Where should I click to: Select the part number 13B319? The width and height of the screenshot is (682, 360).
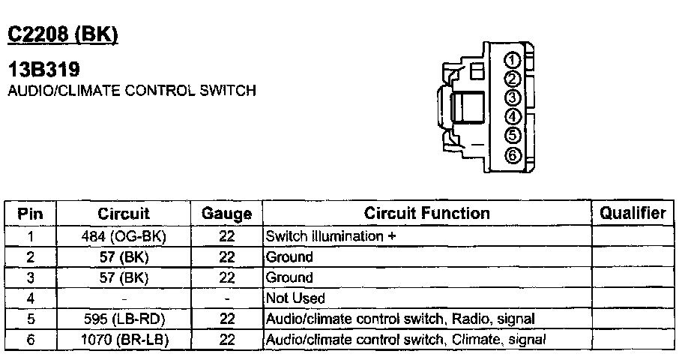(x=43, y=70)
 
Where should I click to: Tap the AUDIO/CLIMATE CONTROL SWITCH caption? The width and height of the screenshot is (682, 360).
(x=131, y=91)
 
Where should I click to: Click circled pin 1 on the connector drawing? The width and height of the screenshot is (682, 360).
(x=513, y=60)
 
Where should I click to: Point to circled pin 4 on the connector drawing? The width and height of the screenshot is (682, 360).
(x=513, y=116)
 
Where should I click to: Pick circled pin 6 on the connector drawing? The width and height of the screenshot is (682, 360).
(x=513, y=155)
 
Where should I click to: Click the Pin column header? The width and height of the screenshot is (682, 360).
(x=30, y=214)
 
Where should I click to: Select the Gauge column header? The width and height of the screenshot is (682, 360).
(x=226, y=214)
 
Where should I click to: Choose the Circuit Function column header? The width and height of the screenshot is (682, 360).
(x=426, y=214)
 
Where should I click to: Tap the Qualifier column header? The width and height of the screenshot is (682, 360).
(x=633, y=213)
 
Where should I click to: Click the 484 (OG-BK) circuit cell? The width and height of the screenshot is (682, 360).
(x=124, y=236)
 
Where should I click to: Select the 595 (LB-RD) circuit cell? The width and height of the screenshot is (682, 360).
(x=124, y=319)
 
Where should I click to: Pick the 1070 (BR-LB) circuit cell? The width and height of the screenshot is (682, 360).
(x=124, y=340)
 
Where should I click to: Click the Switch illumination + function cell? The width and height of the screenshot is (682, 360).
(x=331, y=236)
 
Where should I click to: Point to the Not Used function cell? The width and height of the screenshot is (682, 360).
(x=296, y=298)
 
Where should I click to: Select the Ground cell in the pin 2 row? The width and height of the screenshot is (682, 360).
(x=290, y=257)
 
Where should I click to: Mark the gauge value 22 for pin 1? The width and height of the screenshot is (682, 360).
(x=226, y=236)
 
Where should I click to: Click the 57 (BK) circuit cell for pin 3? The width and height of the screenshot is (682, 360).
(x=124, y=277)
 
